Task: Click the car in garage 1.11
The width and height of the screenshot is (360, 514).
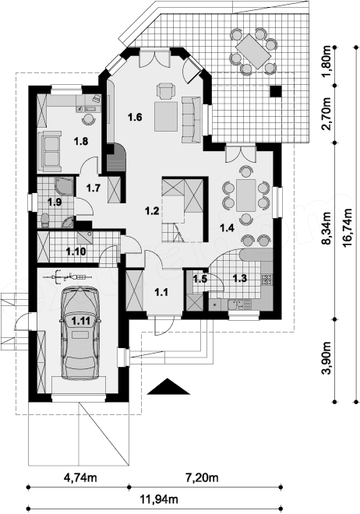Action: click(x=80, y=333)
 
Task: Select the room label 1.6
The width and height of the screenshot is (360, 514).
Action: click(x=135, y=117)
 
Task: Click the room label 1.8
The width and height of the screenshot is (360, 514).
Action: click(x=81, y=141)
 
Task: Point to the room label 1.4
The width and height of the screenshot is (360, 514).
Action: click(x=227, y=227)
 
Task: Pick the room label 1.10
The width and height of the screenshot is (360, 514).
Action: click(x=76, y=252)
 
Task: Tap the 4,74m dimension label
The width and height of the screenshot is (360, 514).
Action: click(x=80, y=477)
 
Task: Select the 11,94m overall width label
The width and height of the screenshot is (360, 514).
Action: click(x=159, y=499)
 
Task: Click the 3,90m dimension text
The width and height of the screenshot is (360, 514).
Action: click(x=326, y=358)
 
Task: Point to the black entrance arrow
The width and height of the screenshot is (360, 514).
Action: click(x=168, y=386)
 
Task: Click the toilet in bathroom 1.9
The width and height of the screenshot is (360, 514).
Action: click(x=45, y=220)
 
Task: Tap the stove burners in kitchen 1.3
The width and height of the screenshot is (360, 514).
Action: click(x=266, y=279)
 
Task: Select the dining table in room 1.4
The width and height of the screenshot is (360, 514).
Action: click(x=246, y=195)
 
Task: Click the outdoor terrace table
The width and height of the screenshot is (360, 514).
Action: click(x=253, y=51)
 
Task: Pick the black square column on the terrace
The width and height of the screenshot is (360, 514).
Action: click(x=276, y=91)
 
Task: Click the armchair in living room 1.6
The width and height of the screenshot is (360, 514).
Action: click(x=165, y=90)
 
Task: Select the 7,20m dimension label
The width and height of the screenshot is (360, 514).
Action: click(x=202, y=477)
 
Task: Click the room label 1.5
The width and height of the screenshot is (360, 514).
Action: click(x=199, y=279)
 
